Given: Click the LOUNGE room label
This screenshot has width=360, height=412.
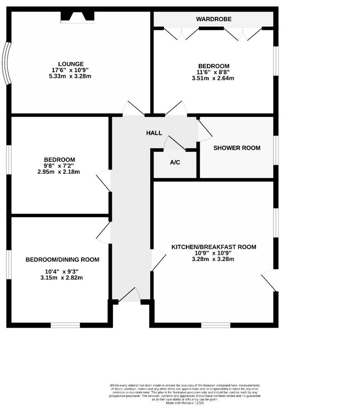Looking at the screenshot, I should tap(71, 64).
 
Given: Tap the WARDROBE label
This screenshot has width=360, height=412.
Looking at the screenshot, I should tap(214, 19).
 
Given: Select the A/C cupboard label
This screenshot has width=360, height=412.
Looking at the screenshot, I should tap(175, 163).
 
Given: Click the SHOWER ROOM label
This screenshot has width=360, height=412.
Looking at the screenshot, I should tap(237, 148).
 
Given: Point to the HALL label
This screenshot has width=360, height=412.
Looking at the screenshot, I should tap(154, 133).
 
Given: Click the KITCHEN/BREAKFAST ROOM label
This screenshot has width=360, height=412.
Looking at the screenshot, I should tap(214, 247).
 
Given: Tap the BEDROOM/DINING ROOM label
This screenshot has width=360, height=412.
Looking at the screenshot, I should tap(62, 260).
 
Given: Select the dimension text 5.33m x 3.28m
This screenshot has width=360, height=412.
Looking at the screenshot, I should tap(68, 76).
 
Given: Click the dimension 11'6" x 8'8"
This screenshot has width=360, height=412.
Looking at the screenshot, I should tap(213, 72).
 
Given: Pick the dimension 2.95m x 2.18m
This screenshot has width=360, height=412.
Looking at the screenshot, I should tap(59, 172).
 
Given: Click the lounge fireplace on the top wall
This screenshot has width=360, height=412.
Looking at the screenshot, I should tap(77, 17).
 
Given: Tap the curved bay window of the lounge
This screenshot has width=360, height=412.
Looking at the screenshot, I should tap(7, 63).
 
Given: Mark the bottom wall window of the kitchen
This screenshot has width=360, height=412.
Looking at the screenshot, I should tap(215, 325).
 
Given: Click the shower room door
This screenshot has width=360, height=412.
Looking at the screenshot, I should tap(204, 129).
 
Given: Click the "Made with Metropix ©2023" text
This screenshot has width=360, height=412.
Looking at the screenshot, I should tap(185, 402).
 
